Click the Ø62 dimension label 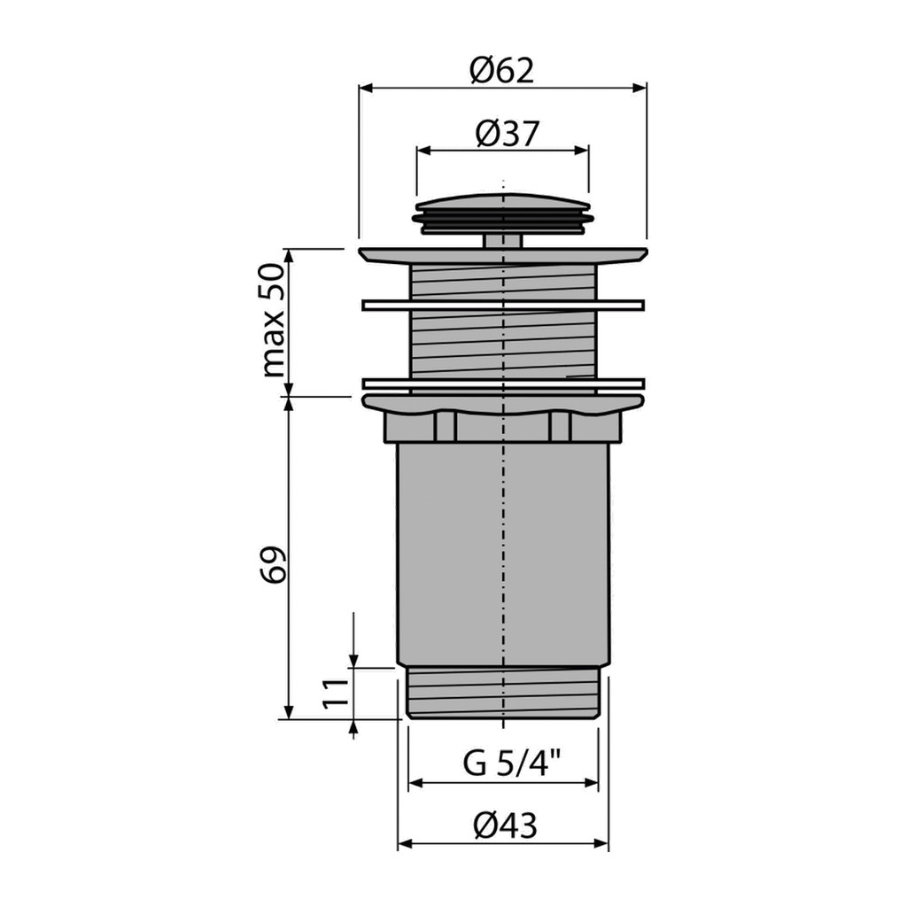point(501,71)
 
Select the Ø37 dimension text point(507,134)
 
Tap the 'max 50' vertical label point(274,320)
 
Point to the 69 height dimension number point(273,564)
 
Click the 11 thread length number point(336,693)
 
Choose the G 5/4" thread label point(512,763)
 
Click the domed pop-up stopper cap point(503,213)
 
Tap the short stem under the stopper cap point(503,241)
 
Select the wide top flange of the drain point(503,256)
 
